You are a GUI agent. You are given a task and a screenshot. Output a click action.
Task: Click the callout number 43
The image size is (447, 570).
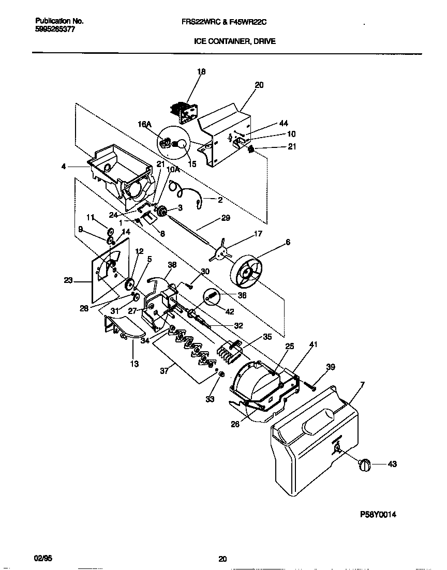pyautogui.click(x=392, y=464)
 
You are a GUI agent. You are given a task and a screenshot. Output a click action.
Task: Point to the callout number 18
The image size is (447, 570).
pyautogui.click(x=201, y=72)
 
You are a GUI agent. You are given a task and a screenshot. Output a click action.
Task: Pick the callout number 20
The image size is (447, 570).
pyautogui.click(x=259, y=85)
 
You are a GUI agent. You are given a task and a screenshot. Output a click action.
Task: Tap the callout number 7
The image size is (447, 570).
pyautogui.click(x=362, y=385)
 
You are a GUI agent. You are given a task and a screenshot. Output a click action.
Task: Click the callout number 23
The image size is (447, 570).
pyautogui.click(x=68, y=281)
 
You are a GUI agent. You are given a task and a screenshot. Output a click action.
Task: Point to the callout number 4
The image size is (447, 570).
pyautogui.click(x=64, y=167)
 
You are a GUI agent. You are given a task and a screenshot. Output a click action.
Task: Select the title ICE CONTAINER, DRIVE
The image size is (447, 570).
pyautogui.click(x=234, y=41)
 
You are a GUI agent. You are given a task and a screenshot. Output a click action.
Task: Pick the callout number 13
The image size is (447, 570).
pyautogui.click(x=134, y=364)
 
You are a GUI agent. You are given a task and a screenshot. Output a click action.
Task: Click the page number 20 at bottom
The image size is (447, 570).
pyautogui.click(x=222, y=558)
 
